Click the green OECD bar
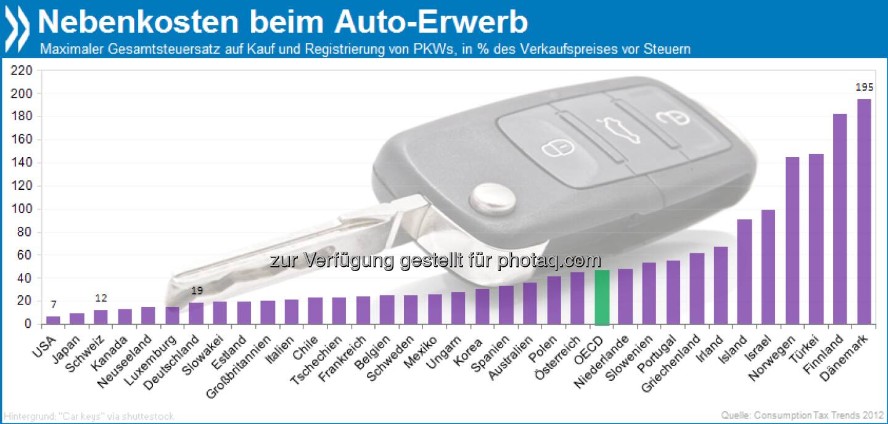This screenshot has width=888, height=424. pyautogui.click(x=602, y=297)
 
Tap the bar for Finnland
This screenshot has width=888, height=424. pyautogui.click(x=841, y=219)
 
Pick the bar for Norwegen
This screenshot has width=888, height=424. pyautogui.click(x=792, y=240)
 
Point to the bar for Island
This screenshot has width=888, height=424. pyautogui.click(x=744, y=271)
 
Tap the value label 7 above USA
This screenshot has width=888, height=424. pyautogui.click(x=54, y=304)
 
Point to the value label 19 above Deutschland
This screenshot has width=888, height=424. pyautogui.click(x=197, y=291)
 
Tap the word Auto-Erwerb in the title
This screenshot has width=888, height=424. pyautogui.click(x=432, y=22)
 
